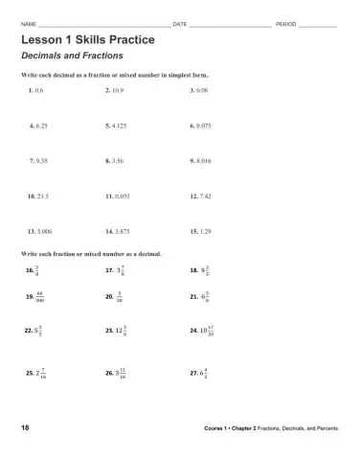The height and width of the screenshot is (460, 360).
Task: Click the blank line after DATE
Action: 229,24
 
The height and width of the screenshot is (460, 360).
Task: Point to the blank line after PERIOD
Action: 318,24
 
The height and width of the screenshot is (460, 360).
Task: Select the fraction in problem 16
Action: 37,271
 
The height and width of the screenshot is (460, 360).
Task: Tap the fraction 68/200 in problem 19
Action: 39,297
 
